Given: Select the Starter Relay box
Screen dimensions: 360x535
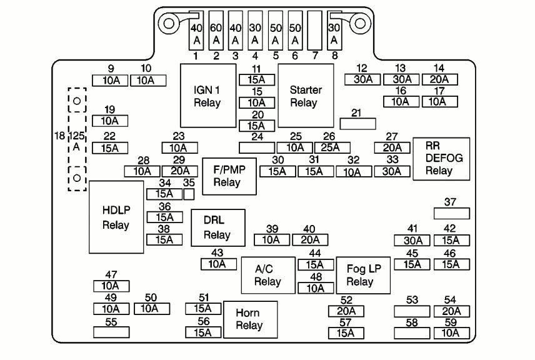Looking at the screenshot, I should click(x=306, y=96).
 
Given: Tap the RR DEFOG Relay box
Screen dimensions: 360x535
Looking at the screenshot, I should click(x=441, y=159).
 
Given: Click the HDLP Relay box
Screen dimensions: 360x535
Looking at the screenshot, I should click(x=116, y=216).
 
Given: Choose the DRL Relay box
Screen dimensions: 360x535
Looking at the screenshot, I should click(x=217, y=227).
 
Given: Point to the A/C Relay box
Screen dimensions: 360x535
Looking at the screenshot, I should click(x=267, y=274).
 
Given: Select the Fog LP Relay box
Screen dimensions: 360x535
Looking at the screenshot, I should click(x=363, y=275).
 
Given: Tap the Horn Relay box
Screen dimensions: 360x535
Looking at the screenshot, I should click(x=249, y=319).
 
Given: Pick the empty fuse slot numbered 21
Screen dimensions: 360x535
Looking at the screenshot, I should click(x=357, y=124).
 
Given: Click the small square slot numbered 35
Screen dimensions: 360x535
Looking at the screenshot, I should click(x=189, y=194).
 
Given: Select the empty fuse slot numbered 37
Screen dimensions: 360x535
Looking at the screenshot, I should click(x=451, y=213).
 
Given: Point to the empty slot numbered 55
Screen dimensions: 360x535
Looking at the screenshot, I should click(x=111, y=332).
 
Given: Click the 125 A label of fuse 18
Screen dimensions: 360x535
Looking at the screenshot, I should click(x=76, y=141).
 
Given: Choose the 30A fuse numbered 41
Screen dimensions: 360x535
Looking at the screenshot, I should click(x=412, y=240).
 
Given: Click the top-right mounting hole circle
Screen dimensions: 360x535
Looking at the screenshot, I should click(x=361, y=23).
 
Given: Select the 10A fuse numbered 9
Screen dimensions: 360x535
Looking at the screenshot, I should click(x=110, y=80).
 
